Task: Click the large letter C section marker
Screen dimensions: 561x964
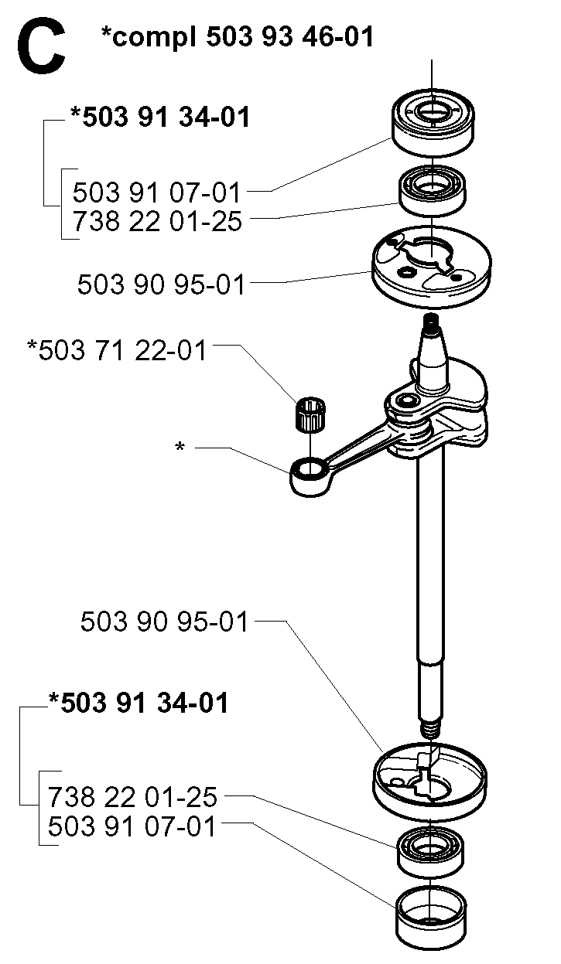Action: click(x=41, y=46)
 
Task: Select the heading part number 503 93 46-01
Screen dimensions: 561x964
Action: click(x=290, y=36)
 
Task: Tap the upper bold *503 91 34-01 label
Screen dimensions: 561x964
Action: click(x=160, y=117)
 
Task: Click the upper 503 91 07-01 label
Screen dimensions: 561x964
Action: click(x=156, y=192)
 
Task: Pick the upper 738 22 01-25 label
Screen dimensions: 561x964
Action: click(x=157, y=222)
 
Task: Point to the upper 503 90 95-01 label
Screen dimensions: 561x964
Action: click(x=161, y=284)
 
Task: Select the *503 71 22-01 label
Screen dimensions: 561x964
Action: click(x=117, y=350)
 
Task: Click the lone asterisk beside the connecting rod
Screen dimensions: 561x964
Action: click(x=180, y=446)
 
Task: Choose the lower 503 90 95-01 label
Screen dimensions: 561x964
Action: click(x=165, y=622)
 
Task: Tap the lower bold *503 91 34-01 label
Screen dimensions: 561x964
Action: click(x=138, y=703)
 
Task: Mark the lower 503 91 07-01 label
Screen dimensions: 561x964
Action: click(x=132, y=826)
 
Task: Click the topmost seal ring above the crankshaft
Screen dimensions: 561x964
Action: click(x=433, y=122)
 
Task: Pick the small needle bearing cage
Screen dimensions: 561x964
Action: click(x=310, y=414)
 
